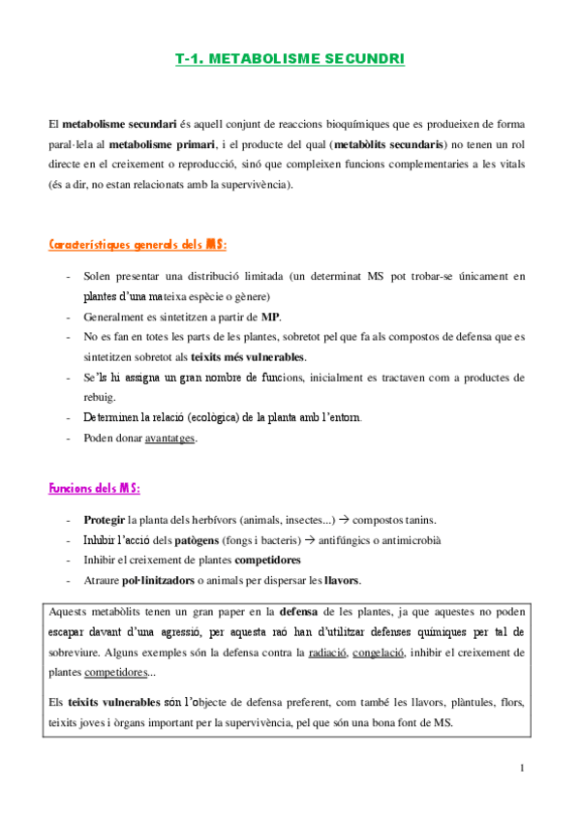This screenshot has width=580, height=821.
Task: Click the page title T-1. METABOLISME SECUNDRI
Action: click(290, 59)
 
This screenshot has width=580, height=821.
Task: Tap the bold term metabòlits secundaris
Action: click(388, 144)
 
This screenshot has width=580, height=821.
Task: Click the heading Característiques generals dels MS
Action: click(138, 246)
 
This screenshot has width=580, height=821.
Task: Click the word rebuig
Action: click(101, 397)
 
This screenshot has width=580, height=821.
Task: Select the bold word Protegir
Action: click(105, 519)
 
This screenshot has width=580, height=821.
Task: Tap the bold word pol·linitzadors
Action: click(183, 580)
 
